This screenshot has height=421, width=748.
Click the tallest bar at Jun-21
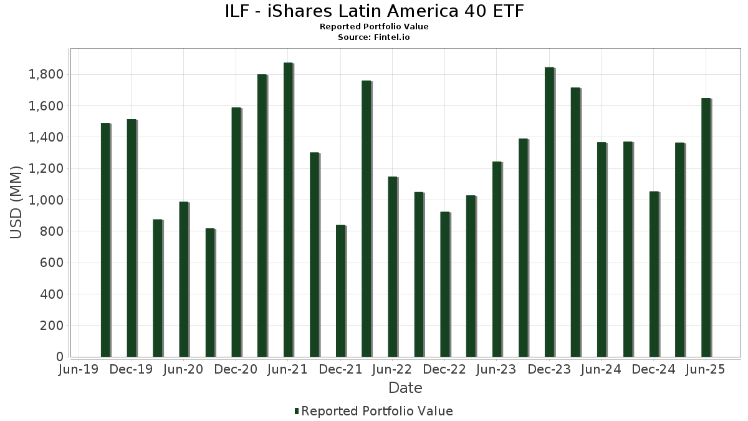[288, 210]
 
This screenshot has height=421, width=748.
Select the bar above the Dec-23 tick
[549, 212]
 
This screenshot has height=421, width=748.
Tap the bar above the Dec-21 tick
[340, 291]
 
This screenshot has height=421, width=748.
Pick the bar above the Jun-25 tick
[706, 227]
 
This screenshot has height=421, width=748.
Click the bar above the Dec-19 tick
[132, 238]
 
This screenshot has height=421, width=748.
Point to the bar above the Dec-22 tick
[445, 284]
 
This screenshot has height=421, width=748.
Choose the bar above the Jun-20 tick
[184, 279]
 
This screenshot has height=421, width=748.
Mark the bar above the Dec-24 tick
[654, 274]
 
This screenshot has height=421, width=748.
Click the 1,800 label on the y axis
[46, 74]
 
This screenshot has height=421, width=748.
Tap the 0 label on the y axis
[60, 357]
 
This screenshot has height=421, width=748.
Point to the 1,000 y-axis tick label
[46, 200]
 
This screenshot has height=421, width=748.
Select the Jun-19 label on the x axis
[79, 369]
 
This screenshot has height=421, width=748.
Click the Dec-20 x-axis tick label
[236, 369]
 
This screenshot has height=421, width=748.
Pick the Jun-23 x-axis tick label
[496, 369]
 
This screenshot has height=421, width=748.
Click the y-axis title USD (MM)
[16, 203]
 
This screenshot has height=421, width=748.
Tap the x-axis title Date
[405, 388]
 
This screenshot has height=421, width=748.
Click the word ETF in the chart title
[508, 11]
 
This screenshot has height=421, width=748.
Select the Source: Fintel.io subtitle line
[373, 37]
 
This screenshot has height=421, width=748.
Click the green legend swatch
[297, 411]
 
